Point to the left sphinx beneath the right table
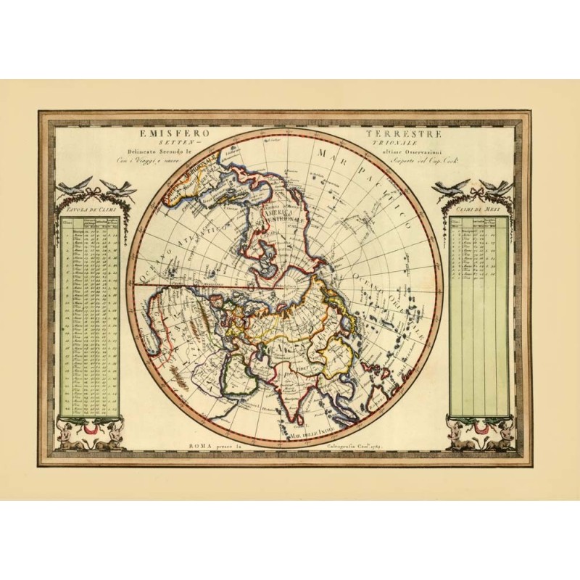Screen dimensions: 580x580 coord(461,436)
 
